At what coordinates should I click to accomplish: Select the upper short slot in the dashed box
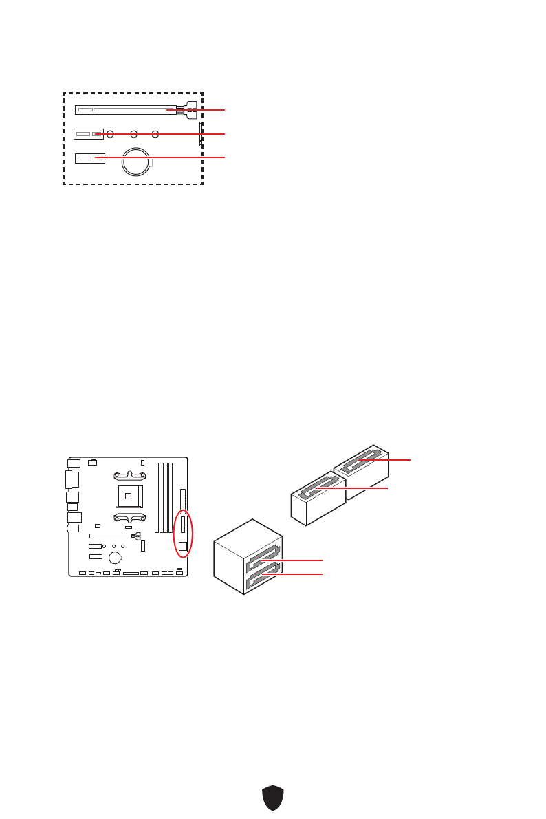click(x=89, y=133)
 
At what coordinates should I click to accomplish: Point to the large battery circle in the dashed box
click(x=135, y=163)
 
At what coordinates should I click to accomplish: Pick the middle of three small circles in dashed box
click(x=133, y=133)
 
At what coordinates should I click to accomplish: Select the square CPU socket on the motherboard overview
click(x=127, y=496)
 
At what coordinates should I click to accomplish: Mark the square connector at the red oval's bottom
click(x=183, y=547)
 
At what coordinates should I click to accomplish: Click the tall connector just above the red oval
click(x=183, y=499)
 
